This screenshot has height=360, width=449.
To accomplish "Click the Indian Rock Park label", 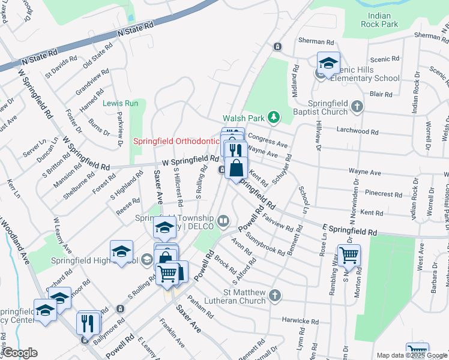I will (379, 20).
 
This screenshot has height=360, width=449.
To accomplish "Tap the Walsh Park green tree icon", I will (274, 116).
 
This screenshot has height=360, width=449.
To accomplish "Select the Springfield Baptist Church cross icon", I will (358, 107).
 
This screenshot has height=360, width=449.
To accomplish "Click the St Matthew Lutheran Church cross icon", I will (275, 295).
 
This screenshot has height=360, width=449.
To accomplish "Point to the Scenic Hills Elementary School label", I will (357, 74).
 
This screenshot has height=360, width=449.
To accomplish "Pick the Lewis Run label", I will (120, 103).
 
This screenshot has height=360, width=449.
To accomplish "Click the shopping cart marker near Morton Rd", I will (349, 255).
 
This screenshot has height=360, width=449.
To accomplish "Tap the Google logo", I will (20, 353).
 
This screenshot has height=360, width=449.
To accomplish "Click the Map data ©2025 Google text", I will (412, 355).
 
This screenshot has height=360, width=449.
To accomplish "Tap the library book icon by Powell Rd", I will (224, 221).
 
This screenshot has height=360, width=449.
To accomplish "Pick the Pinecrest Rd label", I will (387, 194).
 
